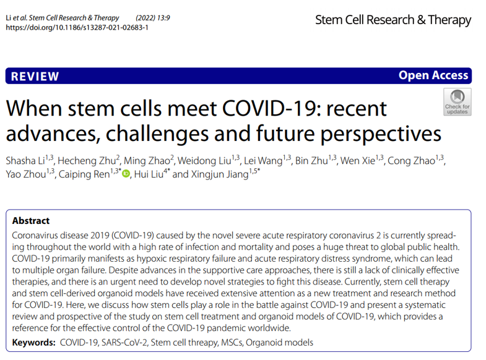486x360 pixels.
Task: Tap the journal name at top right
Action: pyautogui.click(x=393, y=20)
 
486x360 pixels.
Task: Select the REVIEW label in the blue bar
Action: pyautogui.click(x=35, y=77)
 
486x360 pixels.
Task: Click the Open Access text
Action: pyautogui.click(x=433, y=75)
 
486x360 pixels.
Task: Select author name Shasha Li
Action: pyautogui.click(x=27, y=161)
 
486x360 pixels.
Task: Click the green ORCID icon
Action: pyautogui.click(x=126, y=174)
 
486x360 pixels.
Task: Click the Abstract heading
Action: pyautogui.click(x=31, y=221)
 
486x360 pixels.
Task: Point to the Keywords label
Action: pyautogui.click(x=33, y=342)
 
